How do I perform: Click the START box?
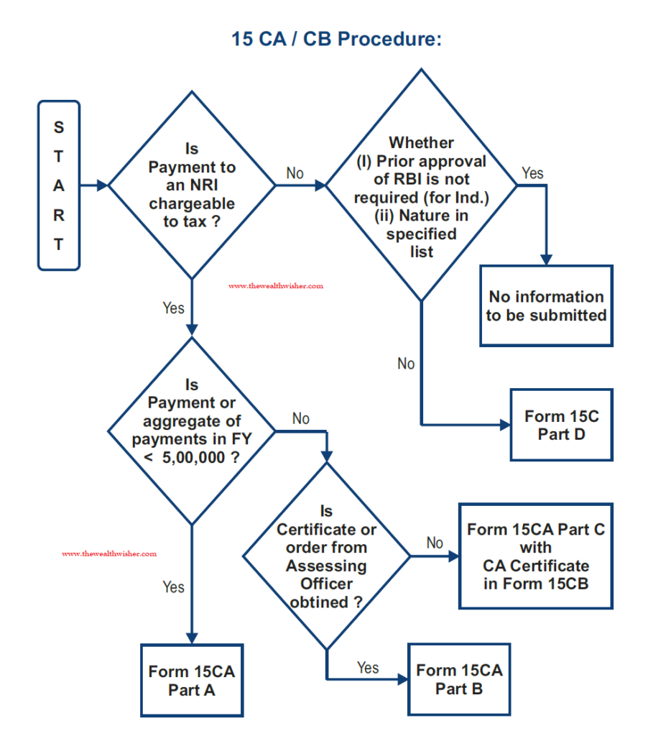pyautogui.click(x=59, y=185)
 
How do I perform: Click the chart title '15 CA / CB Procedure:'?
pyautogui.click(x=336, y=39)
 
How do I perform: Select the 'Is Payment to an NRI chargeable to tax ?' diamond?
pyautogui.click(x=192, y=185)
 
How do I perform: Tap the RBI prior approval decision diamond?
pyautogui.click(x=422, y=185)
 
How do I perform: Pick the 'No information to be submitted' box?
pyautogui.click(x=546, y=306)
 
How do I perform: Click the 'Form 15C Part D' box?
pyautogui.click(x=562, y=425)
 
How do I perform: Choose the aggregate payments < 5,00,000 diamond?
pyautogui.click(x=192, y=431)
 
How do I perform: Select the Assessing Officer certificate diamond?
pyautogui.click(x=327, y=556)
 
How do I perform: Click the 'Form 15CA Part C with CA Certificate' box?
pyautogui.click(x=536, y=556)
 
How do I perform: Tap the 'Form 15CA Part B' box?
pyautogui.click(x=459, y=679)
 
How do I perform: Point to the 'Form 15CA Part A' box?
pyautogui.click(x=192, y=681)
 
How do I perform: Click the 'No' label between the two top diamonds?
pyautogui.click(x=295, y=173)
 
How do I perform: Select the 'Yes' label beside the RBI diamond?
pyautogui.click(x=532, y=173)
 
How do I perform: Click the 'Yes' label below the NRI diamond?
pyautogui.click(x=173, y=308)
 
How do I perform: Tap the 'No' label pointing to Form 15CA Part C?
pyautogui.click(x=435, y=543)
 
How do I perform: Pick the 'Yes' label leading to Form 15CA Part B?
pyautogui.click(x=368, y=668)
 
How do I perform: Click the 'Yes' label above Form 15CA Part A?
pyautogui.click(x=173, y=586)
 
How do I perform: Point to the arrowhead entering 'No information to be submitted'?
pyautogui.click(x=546, y=260)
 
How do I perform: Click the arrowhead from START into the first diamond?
pyautogui.click(x=102, y=185)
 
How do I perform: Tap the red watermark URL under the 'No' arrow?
pyautogui.click(x=276, y=286)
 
